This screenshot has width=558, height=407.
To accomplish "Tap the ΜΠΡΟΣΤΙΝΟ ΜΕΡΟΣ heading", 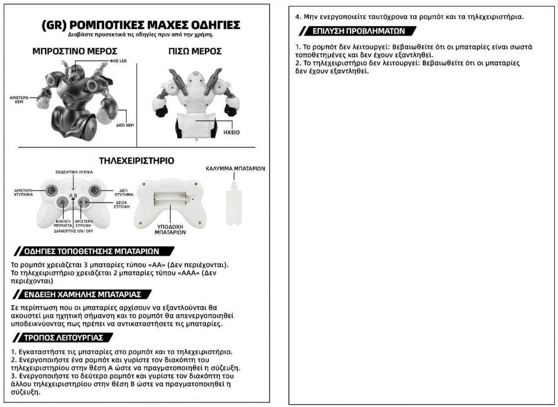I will coord(75,51).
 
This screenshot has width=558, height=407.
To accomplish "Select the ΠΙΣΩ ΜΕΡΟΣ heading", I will coord(195,51).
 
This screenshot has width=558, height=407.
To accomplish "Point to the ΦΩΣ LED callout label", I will coord(118,61).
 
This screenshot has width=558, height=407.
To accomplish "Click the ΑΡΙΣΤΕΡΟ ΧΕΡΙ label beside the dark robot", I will coord(19,100).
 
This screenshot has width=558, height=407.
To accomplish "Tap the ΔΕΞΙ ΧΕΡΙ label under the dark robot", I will coord(125,125).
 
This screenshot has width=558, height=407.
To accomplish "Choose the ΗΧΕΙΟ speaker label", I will coord(232,132).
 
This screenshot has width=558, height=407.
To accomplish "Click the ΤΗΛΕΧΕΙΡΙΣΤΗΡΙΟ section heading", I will coord(136,161).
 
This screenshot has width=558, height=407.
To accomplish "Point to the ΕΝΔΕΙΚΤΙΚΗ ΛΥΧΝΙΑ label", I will coord(74,172).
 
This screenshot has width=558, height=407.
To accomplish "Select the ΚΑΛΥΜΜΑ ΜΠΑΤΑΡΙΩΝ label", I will coord(235,168).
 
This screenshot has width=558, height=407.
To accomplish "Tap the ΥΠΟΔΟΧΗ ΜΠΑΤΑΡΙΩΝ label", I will coord(170,229).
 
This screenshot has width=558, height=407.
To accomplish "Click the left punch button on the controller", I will coord(51,190).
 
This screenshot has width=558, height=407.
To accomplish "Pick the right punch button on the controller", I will coord(94,190).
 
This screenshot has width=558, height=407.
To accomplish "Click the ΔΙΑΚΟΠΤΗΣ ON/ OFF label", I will coord(74,231).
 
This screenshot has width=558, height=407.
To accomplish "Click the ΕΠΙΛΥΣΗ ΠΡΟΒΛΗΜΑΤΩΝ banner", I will coord(358,31).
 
